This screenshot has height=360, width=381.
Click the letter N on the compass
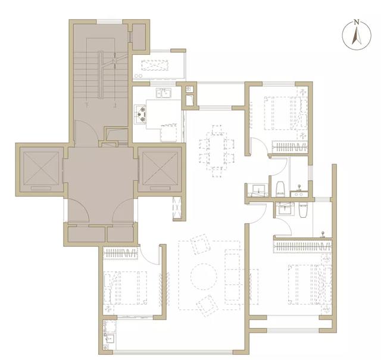pos(357,23)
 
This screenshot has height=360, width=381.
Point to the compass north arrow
pos(357,36)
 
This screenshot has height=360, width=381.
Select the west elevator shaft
pos(41,170)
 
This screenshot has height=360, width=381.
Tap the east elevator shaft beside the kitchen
pos(160,170)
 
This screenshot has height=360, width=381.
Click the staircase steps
pos(101,75)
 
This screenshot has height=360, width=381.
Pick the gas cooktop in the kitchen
pos(140,114)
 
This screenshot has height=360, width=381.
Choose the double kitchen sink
pos(164,93)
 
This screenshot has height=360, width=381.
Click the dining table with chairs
pos(217,151)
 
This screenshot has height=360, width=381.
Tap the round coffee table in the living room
pos(204,277)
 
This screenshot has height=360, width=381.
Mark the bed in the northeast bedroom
pos(286,113)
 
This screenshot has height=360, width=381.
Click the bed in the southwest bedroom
pos(126,288)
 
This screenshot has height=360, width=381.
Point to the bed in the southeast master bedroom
pos(310,284)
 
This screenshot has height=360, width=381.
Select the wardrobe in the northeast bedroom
pos(290,147)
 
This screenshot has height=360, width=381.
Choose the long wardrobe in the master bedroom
pos(303,246)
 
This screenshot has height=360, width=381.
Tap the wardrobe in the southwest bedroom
pos(120,253)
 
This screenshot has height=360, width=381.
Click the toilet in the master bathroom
pos(303,211)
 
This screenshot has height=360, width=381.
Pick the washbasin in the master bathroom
pos(285,209)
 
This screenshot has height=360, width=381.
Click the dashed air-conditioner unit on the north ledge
pos(155,65)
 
